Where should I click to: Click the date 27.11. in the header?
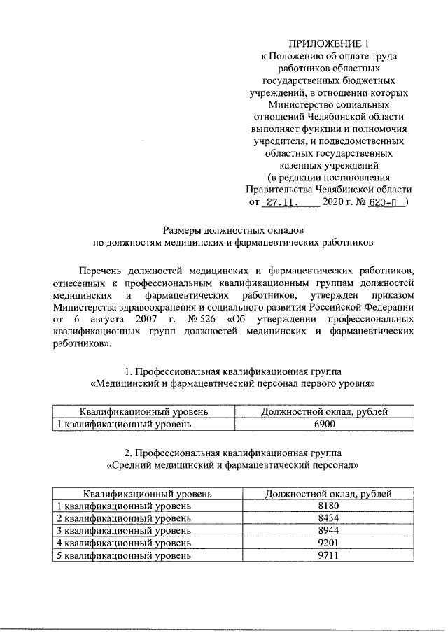click(282, 203)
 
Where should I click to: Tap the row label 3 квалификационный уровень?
click(123, 530)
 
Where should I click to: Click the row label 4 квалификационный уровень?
click(123, 542)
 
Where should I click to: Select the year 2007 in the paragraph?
click(146, 319)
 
